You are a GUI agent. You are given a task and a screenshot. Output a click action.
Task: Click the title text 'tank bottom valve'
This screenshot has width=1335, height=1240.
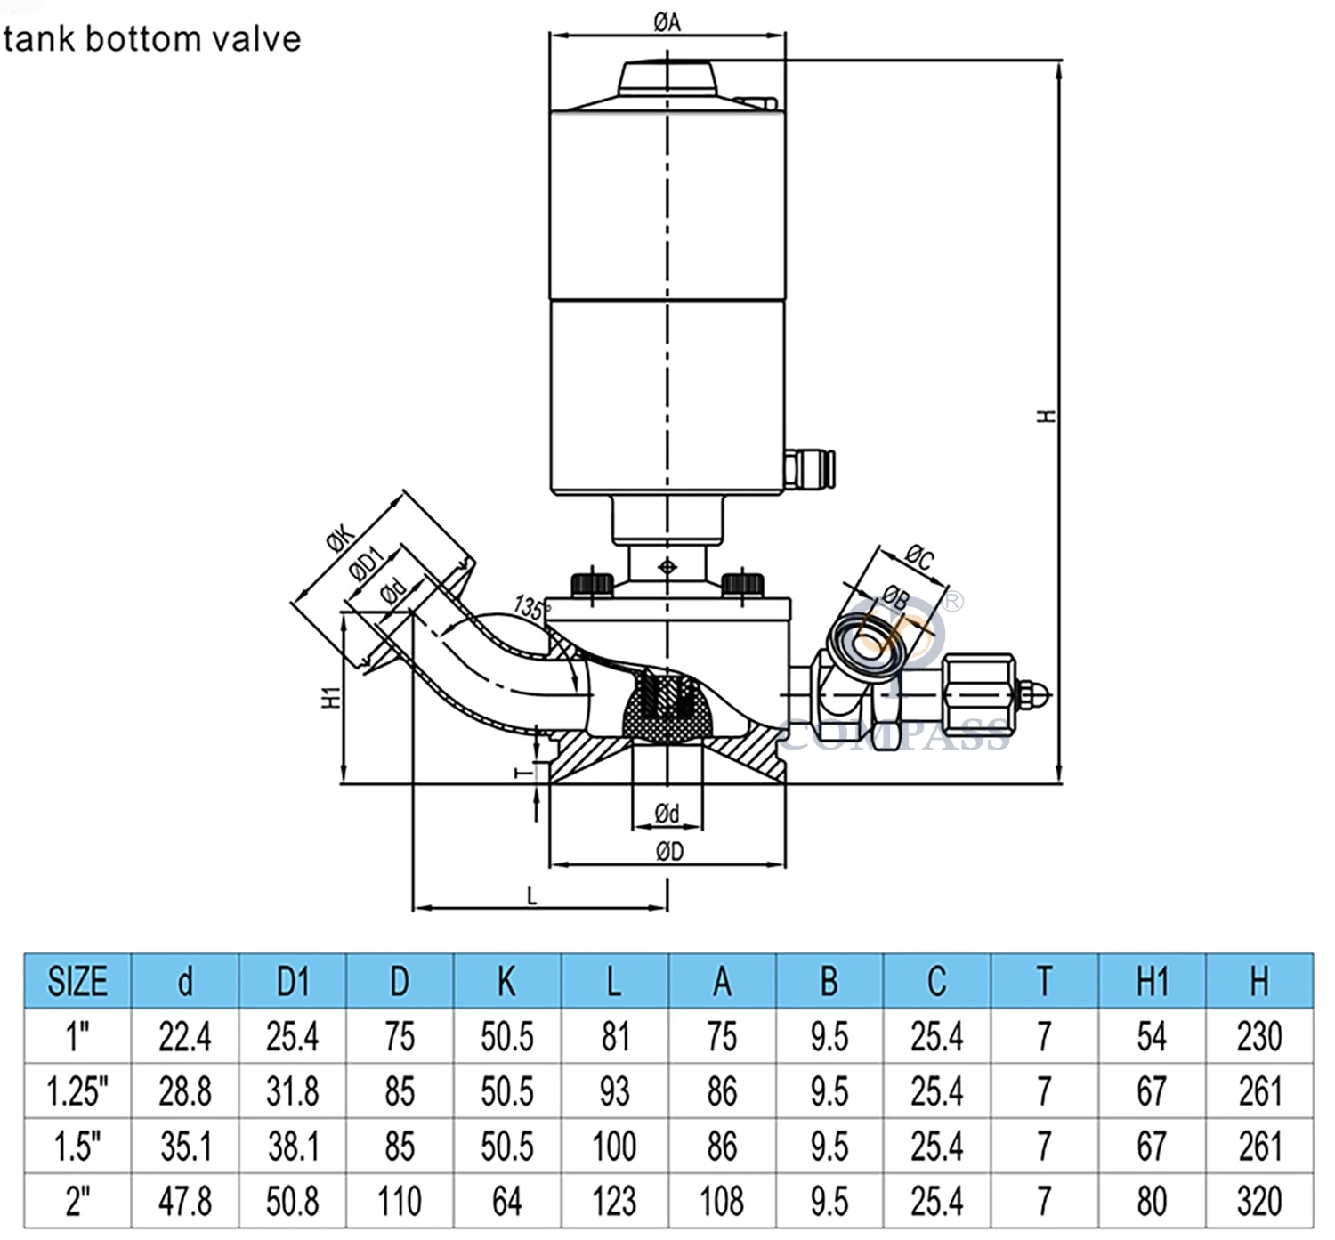(152, 39)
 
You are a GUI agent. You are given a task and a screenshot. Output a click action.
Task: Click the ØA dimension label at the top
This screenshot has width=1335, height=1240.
(667, 21)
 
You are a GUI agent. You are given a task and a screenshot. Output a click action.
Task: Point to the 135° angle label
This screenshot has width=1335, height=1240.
(530, 608)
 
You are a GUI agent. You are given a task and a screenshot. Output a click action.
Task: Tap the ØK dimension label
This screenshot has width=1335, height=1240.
(341, 539)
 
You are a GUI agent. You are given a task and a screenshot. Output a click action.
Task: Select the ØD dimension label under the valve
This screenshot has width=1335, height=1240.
(669, 852)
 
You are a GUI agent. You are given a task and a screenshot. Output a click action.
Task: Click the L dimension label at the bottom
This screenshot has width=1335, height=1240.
(532, 896)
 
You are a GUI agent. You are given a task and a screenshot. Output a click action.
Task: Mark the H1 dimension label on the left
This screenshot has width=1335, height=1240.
(331, 697)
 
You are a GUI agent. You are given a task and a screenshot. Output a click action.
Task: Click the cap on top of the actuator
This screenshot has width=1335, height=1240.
(667, 77)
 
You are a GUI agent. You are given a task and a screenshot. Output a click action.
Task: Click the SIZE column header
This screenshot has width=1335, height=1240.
(77, 981)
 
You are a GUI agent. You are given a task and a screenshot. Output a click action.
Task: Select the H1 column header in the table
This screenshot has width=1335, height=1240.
(1152, 981)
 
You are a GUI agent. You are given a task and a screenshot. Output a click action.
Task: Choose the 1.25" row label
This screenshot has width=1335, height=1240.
(77, 1091)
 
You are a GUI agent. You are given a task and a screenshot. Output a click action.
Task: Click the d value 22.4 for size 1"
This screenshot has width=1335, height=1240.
(185, 1037)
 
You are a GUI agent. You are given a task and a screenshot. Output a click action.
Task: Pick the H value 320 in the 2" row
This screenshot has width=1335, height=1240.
(1259, 1201)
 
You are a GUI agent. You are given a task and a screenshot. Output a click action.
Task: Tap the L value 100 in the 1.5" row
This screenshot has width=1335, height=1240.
(614, 1147)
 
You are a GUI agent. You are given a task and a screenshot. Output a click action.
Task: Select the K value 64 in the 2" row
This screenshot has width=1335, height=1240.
(506, 1201)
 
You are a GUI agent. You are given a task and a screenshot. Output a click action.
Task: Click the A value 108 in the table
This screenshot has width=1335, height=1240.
(722, 1201)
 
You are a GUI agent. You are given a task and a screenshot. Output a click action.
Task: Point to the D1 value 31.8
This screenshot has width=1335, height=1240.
(292, 1091)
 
